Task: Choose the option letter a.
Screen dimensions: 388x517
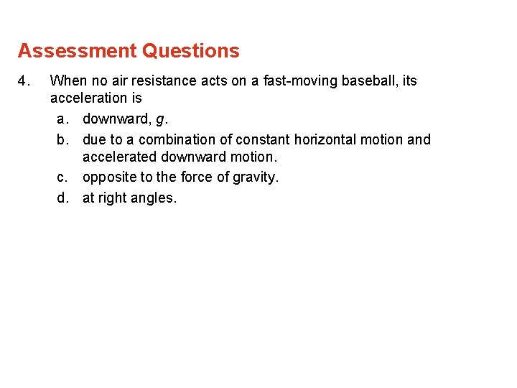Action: (x=62, y=119)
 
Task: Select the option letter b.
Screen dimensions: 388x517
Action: (x=62, y=139)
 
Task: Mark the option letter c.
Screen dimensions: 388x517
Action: (x=62, y=177)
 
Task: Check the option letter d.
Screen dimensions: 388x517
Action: (x=62, y=198)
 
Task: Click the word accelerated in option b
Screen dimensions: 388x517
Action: (x=119, y=157)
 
